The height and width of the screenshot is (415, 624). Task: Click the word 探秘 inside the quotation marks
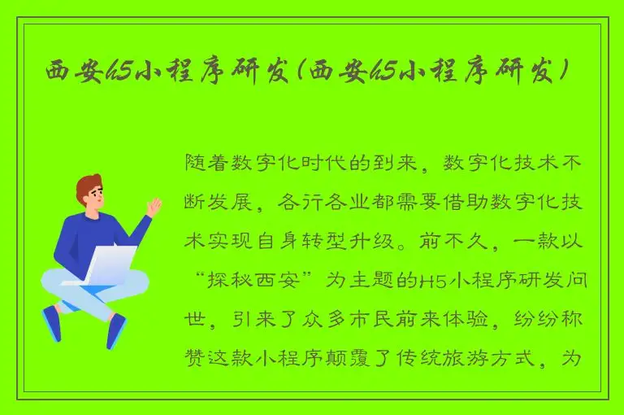coord(236,281)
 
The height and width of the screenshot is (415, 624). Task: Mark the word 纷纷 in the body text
coord(532,320)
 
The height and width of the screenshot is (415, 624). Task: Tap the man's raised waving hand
coord(153,207)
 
